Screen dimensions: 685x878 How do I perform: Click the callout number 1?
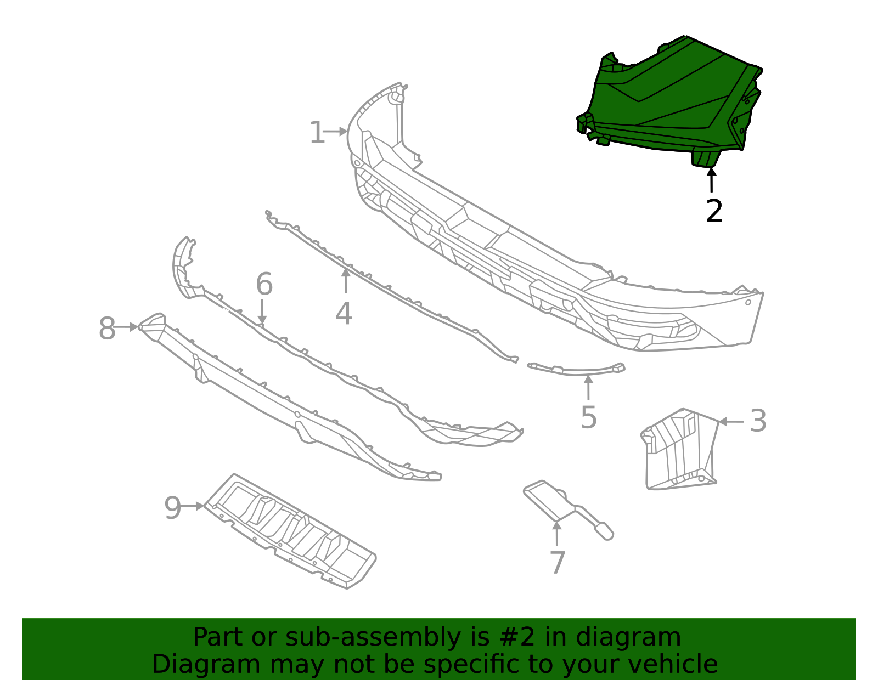[317, 133]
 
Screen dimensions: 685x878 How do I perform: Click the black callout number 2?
[714, 211]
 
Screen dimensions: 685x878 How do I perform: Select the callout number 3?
[758, 421]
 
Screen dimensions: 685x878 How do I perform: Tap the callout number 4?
[344, 314]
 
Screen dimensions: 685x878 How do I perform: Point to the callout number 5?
[588, 418]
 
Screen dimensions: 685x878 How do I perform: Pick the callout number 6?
[264, 285]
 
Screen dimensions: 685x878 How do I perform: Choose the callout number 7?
[557, 563]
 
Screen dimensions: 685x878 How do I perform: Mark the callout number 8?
[106, 329]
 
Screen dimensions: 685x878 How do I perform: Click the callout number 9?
[172, 508]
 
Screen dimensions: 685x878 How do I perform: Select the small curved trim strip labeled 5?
[576, 370]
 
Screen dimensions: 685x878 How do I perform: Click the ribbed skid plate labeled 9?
[291, 531]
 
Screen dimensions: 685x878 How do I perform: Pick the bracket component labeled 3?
[680, 450]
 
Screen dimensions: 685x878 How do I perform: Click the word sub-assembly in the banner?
[322, 638]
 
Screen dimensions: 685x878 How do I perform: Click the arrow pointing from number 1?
[335, 132]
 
